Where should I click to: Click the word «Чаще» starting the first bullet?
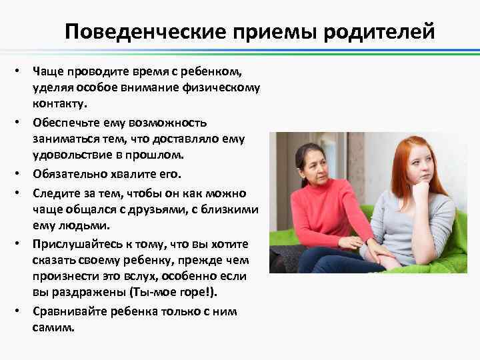[45, 71]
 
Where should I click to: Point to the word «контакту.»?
[56, 104]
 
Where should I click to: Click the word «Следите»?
[51, 193]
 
